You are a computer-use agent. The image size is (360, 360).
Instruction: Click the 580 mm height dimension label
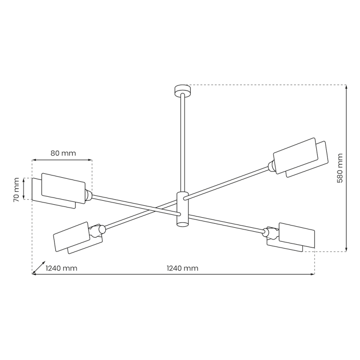340,168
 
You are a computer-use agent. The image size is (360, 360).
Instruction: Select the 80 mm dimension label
63,153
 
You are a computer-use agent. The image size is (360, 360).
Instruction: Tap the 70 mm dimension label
17,189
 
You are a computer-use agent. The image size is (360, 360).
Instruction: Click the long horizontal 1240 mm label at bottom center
182,268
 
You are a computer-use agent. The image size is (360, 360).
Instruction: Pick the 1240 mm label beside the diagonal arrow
62,268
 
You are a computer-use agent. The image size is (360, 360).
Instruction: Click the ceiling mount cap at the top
182,90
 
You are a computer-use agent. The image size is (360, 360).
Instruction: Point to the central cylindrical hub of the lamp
182,210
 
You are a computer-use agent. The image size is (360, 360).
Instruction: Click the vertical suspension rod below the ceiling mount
182,139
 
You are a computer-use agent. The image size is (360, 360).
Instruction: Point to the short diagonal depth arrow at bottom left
39,267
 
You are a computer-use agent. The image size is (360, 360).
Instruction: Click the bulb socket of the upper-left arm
89,195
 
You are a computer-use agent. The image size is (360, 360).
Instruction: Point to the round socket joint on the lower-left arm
102,229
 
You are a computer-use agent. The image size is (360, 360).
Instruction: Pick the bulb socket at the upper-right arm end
271,166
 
